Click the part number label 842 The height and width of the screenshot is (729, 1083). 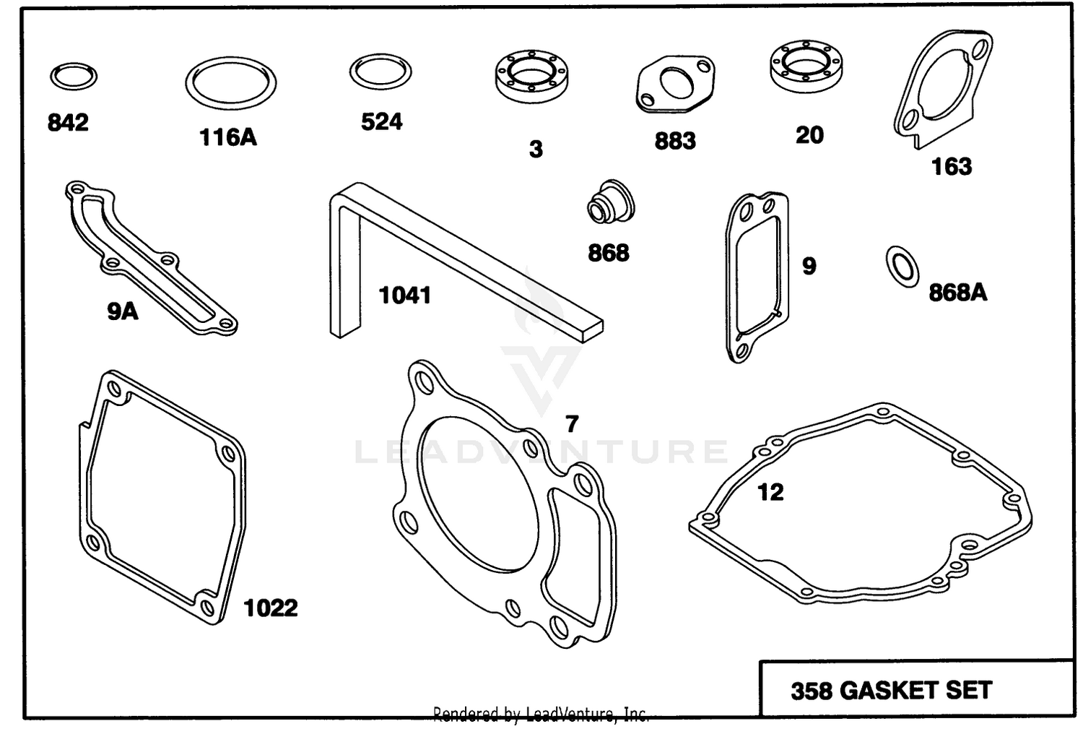click(68, 122)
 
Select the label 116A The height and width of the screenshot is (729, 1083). click(228, 137)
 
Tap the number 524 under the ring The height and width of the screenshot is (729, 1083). click(381, 121)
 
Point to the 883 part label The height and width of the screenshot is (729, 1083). click(675, 141)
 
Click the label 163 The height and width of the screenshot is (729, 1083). click(952, 166)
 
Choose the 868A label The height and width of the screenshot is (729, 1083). click(958, 293)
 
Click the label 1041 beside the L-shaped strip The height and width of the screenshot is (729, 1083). click(405, 295)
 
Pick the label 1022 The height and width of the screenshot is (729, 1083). click(271, 608)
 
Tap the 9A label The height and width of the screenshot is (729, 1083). click(123, 312)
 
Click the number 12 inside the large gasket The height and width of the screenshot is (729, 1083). click(770, 493)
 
